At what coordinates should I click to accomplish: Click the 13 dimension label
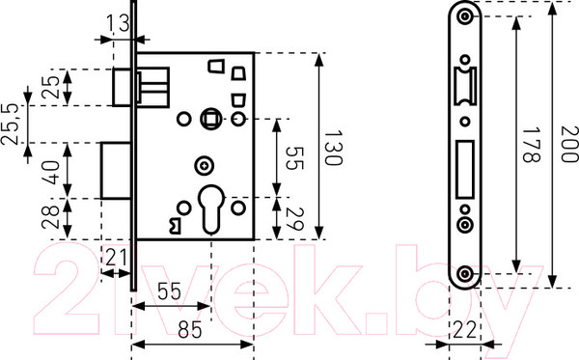[118, 23]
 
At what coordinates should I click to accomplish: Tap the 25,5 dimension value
[10, 125]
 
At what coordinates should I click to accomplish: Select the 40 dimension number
[51, 172]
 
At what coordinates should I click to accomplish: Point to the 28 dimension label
[51, 217]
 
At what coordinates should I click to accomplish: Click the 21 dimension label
[116, 258]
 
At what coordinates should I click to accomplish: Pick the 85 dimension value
[190, 329]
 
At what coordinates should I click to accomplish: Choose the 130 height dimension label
[334, 148]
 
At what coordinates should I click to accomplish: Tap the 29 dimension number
[294, 219]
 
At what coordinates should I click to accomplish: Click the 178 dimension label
[532, 145]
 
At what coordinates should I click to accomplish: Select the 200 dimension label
[569, 145]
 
